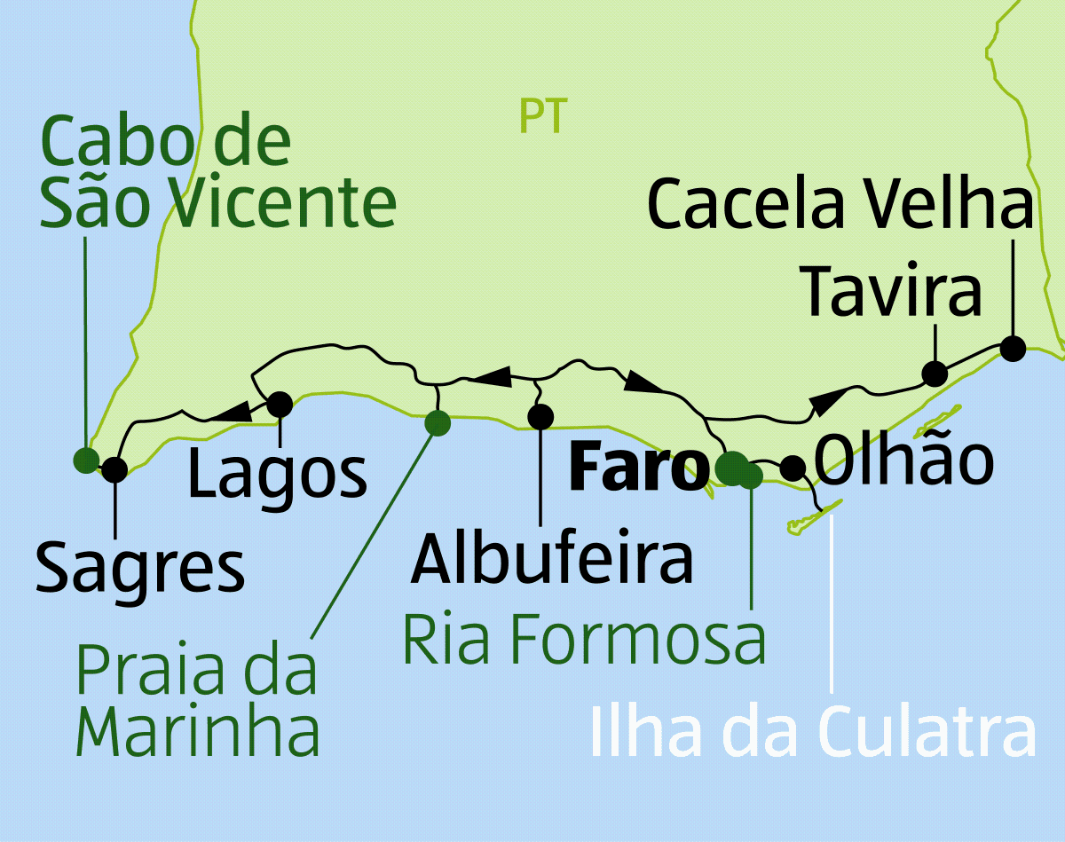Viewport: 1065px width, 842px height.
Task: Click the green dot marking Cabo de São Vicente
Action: point(86,460)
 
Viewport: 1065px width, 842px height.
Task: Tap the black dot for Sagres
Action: point(114,469)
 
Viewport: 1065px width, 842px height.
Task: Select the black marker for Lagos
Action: point(280,405)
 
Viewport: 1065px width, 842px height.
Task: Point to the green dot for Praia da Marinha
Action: point(437,423)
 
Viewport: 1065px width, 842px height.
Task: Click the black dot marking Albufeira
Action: point(540,415)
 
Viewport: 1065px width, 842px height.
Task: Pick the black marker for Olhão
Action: point(792,467)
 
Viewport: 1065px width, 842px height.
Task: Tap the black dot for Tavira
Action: point(934,374)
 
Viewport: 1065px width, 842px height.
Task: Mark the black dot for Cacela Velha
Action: point(1012,348)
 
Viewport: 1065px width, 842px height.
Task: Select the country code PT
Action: point(543,116)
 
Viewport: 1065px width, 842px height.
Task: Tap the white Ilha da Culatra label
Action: point(812,733)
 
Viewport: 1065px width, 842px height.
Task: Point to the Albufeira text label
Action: point(551,559)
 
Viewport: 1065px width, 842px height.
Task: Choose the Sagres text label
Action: point(140,569)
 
